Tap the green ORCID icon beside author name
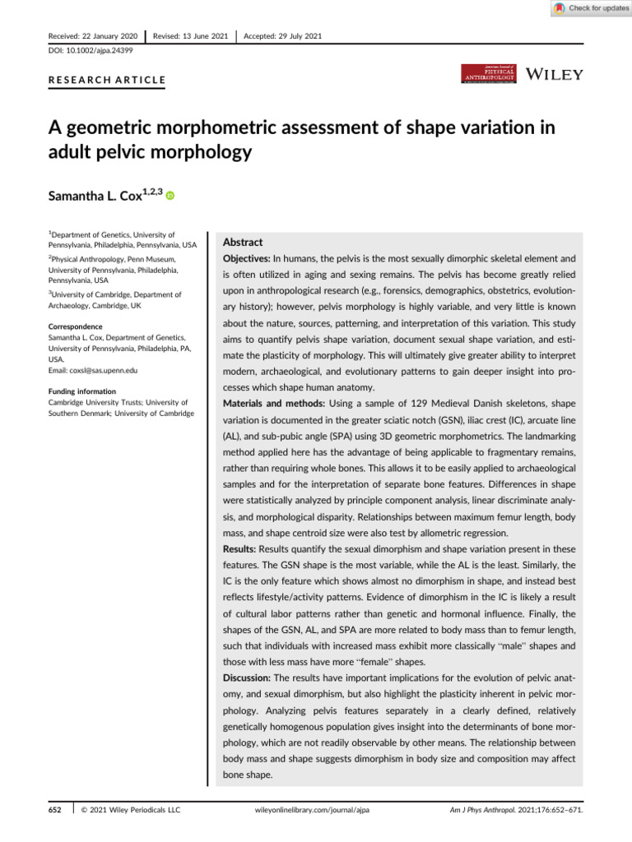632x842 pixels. (171, 196)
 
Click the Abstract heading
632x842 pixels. (243, 243)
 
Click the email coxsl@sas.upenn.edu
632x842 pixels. (107, 370)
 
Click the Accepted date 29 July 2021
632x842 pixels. (292, 35)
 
